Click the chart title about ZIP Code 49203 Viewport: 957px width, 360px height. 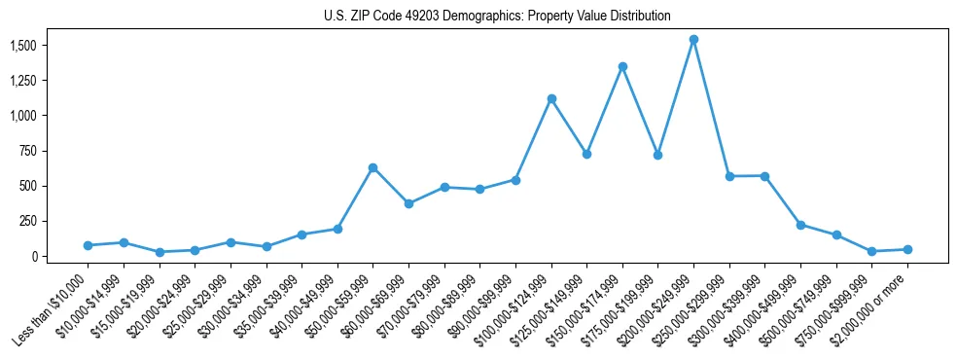[497, 17]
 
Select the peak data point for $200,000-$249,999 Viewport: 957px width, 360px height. [693, 40]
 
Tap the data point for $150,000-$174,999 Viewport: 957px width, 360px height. [622, 67]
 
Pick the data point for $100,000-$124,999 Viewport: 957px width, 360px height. [551, 98]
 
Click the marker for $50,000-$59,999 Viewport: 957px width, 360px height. [372, 167]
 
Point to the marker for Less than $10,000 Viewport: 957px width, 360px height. [88, 245]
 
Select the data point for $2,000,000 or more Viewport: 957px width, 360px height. [907, 249]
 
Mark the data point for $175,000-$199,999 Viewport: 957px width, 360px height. [658, 155]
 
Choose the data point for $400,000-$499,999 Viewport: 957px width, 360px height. [800, 225]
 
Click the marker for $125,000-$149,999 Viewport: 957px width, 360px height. [586, 154]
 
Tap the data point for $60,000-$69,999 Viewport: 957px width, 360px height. [408, 203]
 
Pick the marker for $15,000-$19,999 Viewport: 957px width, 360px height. [159, 252]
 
